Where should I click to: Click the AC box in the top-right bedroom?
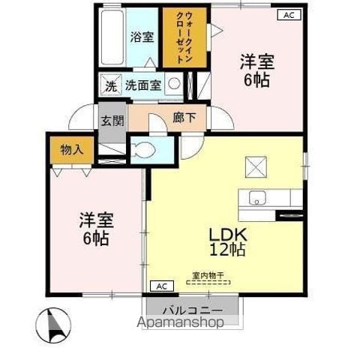(x=289, y=15)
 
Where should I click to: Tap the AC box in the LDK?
(x=162, y=286)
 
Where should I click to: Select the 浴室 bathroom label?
(x=142, y=37)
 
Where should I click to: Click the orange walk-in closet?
(x=184, y=37)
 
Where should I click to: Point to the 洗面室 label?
(x=143, y=85)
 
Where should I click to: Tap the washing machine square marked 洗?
(x=111, y=85)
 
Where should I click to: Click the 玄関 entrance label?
(x=112, y=121)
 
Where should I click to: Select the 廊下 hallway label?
(x=184, y=118)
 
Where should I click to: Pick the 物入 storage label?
(x=72, y=150)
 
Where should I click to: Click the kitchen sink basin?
(x=257, y=198)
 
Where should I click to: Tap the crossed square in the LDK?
(x=256, y=167)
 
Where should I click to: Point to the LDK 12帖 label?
(x=227, y=242)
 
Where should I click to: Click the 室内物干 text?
(x=208, y=276)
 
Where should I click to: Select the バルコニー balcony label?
(x=193, y=310)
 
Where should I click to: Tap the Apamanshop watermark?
(x=181, y=322)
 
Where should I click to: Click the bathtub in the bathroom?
(x=112, y=37)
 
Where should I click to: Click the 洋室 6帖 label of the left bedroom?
(x=97, y=229)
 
